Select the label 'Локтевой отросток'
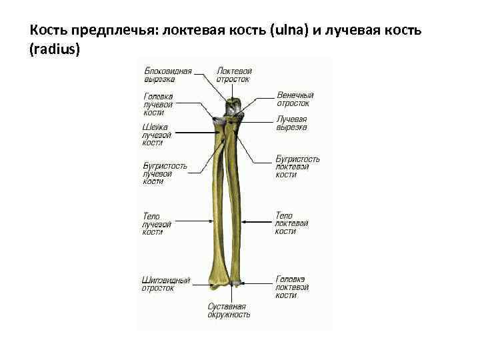[233, 75]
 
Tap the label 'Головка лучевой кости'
[158, 104]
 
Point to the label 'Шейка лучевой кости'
[157, 135]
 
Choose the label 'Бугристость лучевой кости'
[165, 173]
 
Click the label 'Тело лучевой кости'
[157, 224]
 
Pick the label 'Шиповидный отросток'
[165, 284]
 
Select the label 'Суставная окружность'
[229, 310]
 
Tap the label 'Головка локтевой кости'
[292, 287]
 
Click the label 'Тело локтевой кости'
[291, 223]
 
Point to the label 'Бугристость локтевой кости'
[297, 167]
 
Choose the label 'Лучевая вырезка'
[291, 123]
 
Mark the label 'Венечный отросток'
[295, 99]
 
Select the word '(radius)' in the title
[55, 49]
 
